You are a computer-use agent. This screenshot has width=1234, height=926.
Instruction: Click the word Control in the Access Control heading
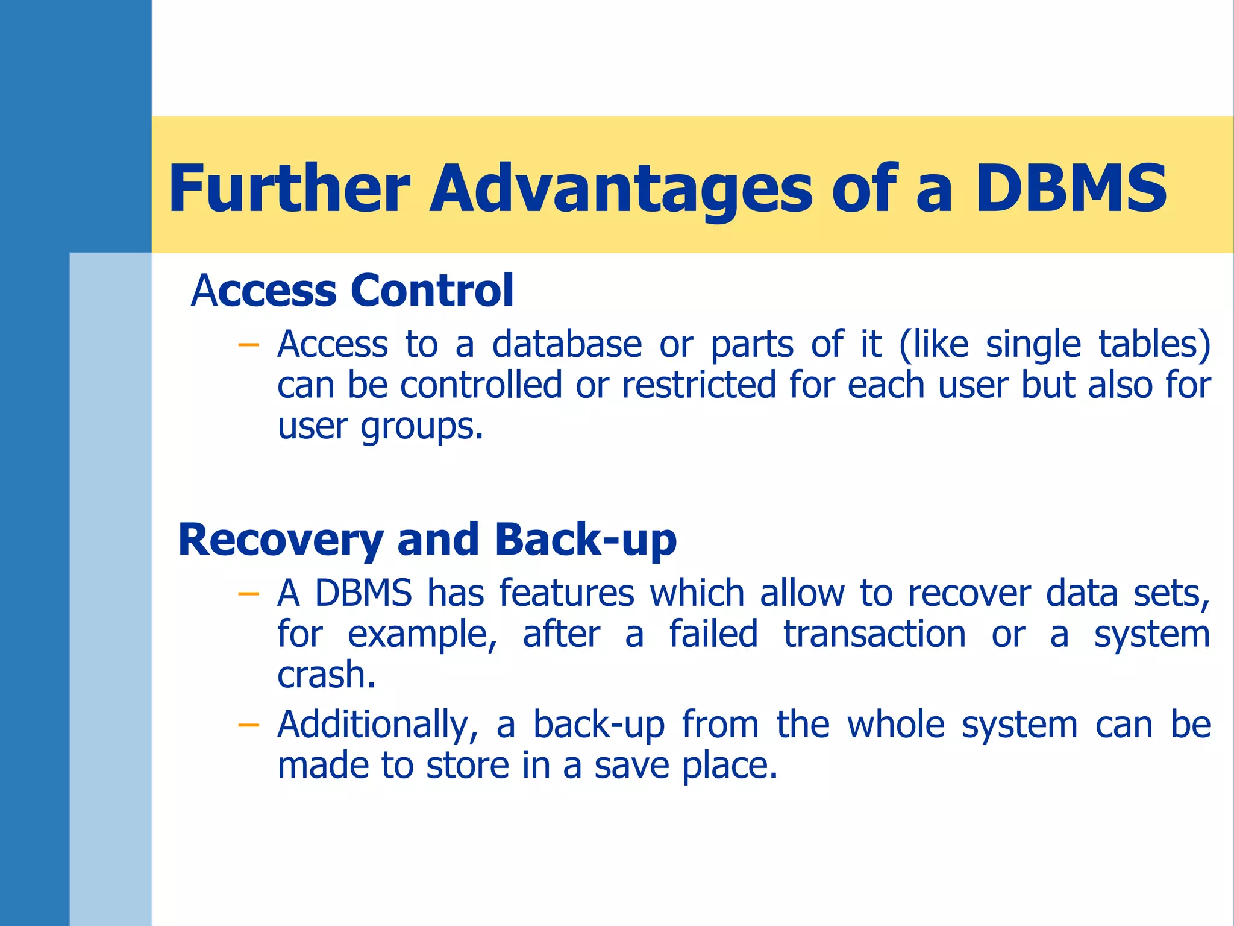pyautogui.click(x=432, y=291)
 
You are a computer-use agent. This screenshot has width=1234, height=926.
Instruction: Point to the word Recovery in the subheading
pyautogui.click(x=281, y=541)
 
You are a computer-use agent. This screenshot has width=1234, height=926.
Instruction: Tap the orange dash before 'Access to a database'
pyautogui.click(x=248, y=345)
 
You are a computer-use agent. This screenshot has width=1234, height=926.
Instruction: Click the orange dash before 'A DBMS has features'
pyautogui.click(x=248, y=594)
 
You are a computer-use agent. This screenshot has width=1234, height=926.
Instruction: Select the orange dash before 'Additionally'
pyautogui.click(x=248, y=725)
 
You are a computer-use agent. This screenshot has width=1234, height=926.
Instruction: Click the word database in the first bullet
pyautogui.click(x=567, y=345)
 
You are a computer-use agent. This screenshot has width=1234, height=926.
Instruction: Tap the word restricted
pyautogui.click(x=699, y=386)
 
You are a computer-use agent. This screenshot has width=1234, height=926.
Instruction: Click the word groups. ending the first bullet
pyautogui.click(x=422, y=428)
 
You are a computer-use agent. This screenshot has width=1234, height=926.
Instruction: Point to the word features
pyautogui.click(x=566, y=593)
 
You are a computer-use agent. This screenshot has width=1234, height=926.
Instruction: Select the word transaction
pyautogui.click(x=874, y=635)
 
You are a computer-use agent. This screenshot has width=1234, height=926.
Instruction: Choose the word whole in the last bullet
pyautogui.click(x=896, y=725)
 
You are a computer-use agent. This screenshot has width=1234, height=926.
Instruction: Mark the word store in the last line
pyautogui.click(x=467, y=766)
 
